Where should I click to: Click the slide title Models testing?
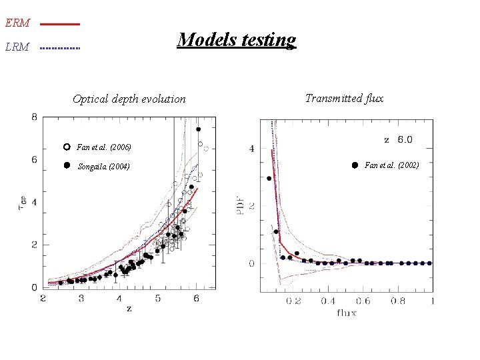pyautogui.click(x=236, y=40)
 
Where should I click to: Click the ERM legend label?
pyautogui.click(x=17, y=23)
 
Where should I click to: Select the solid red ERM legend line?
pyautogui.click(x=59, y=24)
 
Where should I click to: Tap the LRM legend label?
pyautogui.click(x=17, y=47)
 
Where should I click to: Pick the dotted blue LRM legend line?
pyautogui.click(x=59, y=48)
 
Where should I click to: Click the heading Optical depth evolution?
pyautogui.click(x=129, y=99)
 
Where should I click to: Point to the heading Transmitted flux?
pyautogui.click(x=344, y=98)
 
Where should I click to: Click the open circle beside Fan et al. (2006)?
pyautogui.click(x=66, y=147)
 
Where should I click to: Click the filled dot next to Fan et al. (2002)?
pyautogui.click(x=355, y=165)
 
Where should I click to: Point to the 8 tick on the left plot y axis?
pyautogui.click(x=34, y=117)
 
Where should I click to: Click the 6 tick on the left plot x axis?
pyautogui.click(x=197, y=299)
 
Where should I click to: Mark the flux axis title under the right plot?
pyautogui.click(x=346, y=312)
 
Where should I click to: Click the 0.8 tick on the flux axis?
pyautogui.click(x=397, y=301)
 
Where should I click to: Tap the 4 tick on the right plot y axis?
pyautogui.click(x=251, y=149)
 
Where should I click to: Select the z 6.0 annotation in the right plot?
pyautogui.click(x=398, y=139)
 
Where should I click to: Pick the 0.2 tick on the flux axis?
pyautogui.click(x=293, y=301)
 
